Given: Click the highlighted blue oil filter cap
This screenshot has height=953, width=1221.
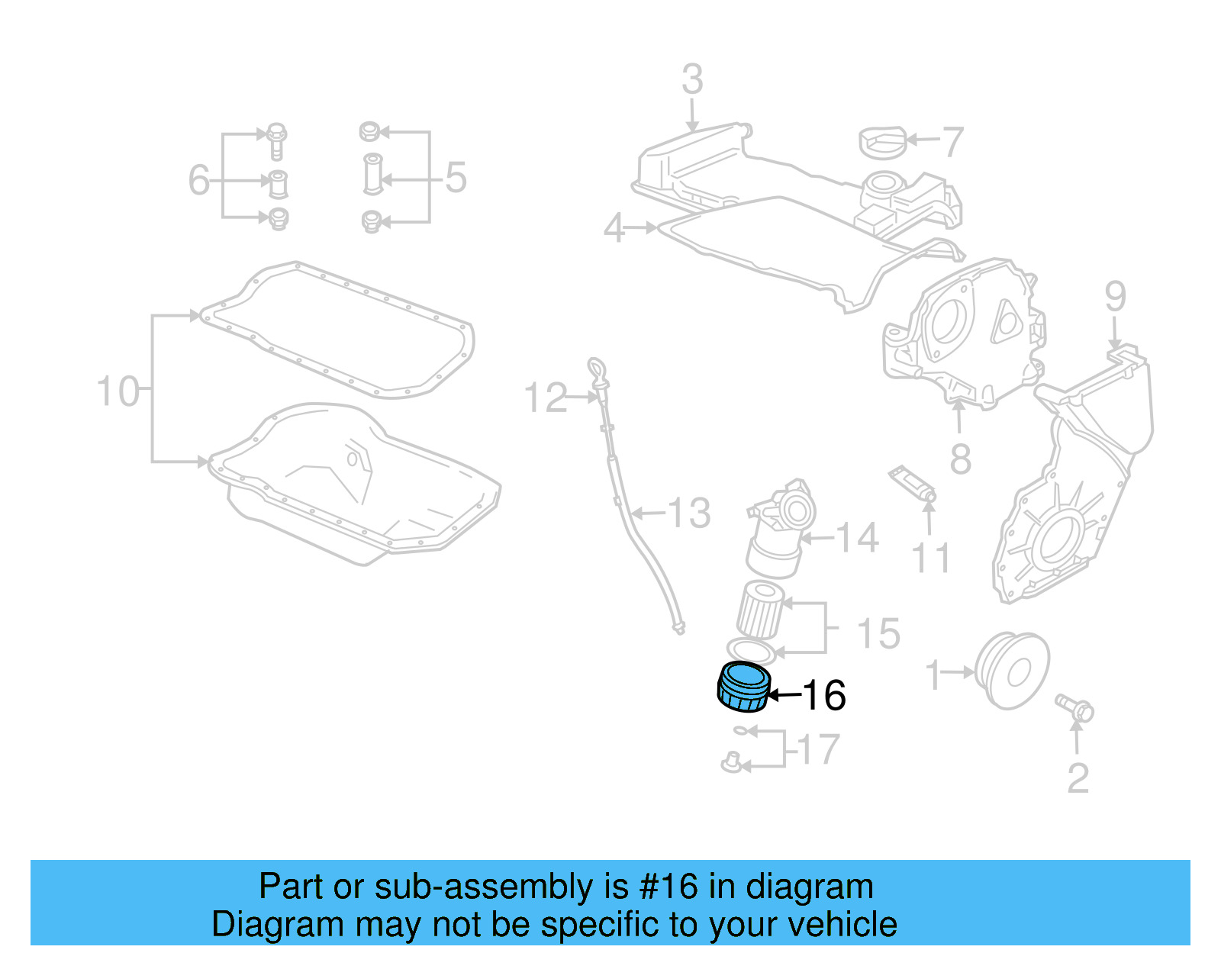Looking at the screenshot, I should (743, 687).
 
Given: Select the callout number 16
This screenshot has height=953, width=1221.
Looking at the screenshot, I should (825, 695).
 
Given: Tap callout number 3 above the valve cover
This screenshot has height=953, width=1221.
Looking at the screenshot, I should (691, 79).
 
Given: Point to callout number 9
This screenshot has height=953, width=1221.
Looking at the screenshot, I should (1115, 296).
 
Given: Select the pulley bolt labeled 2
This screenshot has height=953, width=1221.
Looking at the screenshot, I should (1074, 708).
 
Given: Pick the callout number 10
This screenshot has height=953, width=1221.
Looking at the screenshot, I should (118, 391).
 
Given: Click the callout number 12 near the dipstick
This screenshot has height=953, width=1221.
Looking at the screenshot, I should (546, 398).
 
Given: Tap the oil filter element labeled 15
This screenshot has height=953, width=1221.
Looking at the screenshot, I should (760, 609).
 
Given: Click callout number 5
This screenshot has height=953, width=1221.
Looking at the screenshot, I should (456, 179).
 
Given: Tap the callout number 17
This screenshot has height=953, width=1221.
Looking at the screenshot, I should (820, 749).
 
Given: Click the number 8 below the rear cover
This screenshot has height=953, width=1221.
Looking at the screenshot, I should (961, 459).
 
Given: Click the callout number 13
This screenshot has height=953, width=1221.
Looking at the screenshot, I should (690, 514).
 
